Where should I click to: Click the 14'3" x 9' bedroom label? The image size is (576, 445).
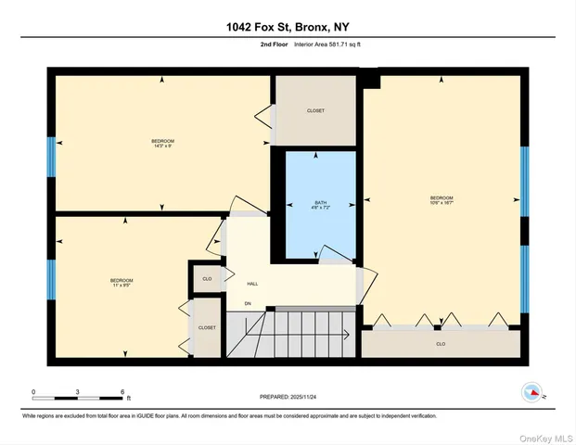(163, 144)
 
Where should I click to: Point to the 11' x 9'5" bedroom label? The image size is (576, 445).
(122, 283)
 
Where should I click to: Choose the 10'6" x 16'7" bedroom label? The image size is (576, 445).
(442, 200)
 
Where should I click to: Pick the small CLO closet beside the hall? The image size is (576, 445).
(207, 278)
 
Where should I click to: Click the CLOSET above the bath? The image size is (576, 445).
(315, 111)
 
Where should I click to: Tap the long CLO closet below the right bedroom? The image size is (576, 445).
(441, 344)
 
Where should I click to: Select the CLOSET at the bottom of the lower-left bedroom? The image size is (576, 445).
(207, 328)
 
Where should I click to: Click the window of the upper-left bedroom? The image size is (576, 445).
(52, 157)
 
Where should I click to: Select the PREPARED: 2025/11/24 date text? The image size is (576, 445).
(288, 396)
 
